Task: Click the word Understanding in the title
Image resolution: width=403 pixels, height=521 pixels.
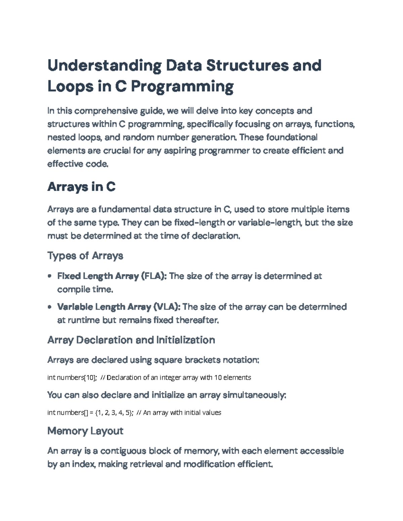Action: coord(104,66)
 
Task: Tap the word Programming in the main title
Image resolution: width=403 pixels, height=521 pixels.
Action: coord(182,87)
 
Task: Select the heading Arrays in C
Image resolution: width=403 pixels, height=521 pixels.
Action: coord(82,187)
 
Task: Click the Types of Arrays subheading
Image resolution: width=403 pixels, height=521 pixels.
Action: coord(85,256)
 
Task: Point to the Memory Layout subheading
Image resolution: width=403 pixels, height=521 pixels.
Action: coord(85,431)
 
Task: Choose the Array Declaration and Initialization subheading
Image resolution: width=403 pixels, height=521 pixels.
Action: coord(131,340)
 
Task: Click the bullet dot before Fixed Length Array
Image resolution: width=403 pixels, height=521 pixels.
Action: coord(50,276)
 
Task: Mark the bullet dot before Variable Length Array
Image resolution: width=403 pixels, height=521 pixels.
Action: coord(50,307)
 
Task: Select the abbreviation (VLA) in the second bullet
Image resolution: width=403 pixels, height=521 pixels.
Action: coord(167,307)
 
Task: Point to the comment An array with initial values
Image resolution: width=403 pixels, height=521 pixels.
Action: coord(182,413)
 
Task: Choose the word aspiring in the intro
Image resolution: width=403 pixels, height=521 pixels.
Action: coord(180,151)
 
